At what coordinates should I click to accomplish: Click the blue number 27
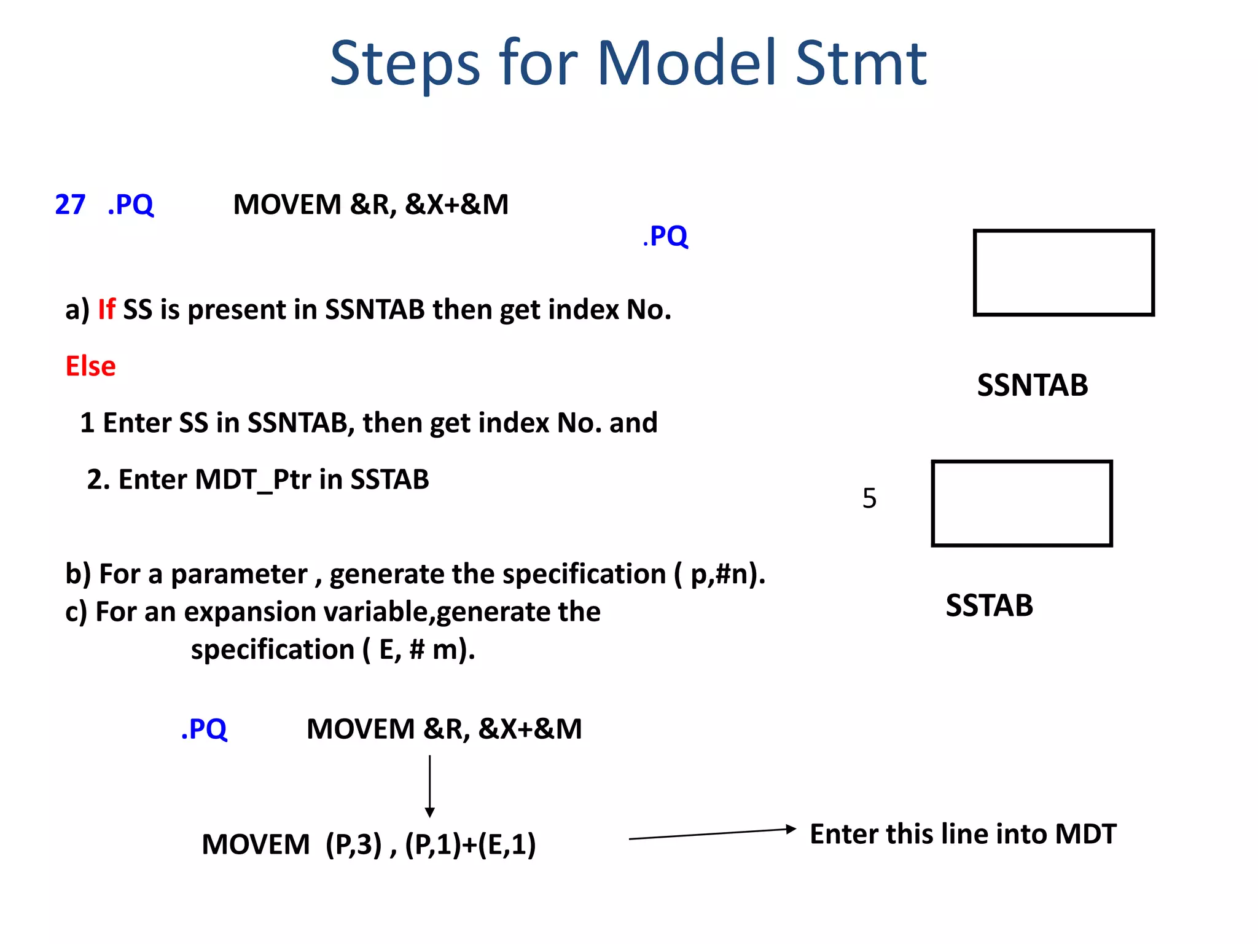pyautogui.click(x=70, y=205)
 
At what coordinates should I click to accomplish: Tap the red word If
pyautogui.click(x=106, y=309)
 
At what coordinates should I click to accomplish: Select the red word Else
pyautogui.click(x=90, y=366)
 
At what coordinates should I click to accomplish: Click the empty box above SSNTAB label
pyautogui.click(x=1063, y=273)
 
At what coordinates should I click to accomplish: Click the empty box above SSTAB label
pyautogui.click(x=1022, y=503)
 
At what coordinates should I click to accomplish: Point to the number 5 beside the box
pyautogui.click(x=869, y=498)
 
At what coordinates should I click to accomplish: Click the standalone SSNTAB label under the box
pyautogui.click(x=1032, y=385)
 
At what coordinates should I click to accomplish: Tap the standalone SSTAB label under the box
pyautogui.click(x=989, y=605)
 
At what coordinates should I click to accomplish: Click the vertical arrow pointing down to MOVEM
pyautogui.click(x=430, y=786)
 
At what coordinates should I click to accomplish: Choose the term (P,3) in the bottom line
pyautogui.click(x=354, y=844)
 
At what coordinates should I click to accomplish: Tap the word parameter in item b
pyautogui.click(x=239, y=575)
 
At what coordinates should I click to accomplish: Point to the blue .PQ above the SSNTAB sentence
pyautogui.click(x=666, y=236)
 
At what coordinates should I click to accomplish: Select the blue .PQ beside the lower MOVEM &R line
pyautogui.click(x=204, y=729)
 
